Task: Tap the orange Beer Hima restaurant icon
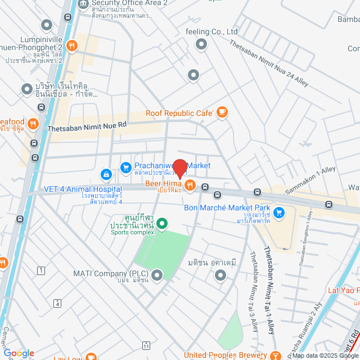(190, 185)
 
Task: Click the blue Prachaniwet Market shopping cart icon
(126, 166)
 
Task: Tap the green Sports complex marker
(162, 224)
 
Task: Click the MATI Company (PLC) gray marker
(156, 275)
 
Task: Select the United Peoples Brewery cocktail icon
(276, 355)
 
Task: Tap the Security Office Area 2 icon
(83, 3)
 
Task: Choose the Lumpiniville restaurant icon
(71, 46)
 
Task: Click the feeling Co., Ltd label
(211, 31)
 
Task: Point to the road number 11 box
(146, 345)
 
